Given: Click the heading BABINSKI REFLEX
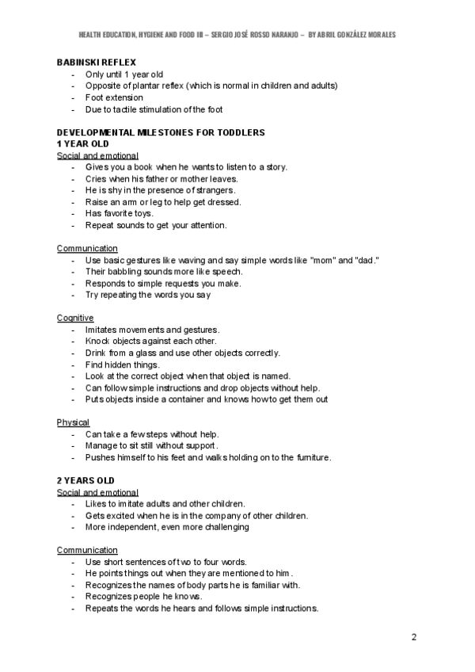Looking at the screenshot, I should (96, 62).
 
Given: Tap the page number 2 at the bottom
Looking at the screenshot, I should (414, 637).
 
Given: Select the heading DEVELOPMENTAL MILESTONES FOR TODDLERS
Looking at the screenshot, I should (161, 132).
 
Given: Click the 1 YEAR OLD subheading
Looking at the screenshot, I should (82, 143).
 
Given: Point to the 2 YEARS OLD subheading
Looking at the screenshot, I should (85, 480).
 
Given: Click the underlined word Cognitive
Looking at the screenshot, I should (75, 318).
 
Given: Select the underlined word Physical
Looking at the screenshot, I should (73, 422).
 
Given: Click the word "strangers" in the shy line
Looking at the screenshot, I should (215, 190).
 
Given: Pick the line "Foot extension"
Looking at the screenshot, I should (114, 97).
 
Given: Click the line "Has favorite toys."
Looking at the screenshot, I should (120, 213).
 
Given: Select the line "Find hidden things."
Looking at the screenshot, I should (122, 365).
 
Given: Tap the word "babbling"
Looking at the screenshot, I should (126, 272).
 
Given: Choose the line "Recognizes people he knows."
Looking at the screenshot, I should (143, 597).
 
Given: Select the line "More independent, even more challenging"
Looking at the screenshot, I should (167, 527).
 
